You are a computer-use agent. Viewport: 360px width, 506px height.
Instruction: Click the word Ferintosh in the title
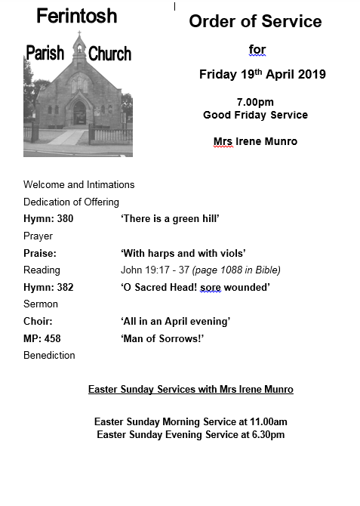[76, 16]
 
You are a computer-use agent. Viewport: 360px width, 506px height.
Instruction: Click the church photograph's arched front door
[79, 113]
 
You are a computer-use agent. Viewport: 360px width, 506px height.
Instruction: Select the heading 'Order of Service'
[255, 21]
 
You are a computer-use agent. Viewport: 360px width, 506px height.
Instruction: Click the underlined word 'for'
[257, 51]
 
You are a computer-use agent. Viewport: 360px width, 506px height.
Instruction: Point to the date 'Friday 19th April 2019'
[262, 74]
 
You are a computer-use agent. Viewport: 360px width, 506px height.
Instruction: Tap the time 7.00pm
[255, 102]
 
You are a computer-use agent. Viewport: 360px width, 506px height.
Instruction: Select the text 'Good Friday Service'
[255, 115]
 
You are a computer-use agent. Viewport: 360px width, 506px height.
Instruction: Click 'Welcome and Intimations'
[78, 184]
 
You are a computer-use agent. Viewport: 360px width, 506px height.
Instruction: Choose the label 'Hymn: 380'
[48, 219]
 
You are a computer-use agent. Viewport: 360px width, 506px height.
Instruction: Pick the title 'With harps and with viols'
[183, 253]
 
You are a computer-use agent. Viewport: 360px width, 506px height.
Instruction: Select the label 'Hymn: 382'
[48, 287]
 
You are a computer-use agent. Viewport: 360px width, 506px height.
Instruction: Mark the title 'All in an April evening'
[175, 322]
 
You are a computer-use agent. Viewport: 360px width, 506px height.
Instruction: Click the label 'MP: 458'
[42, 338]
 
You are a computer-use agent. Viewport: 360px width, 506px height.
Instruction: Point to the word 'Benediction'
[49, 355]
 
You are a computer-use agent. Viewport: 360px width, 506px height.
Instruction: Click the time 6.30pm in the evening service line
[266, 434]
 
